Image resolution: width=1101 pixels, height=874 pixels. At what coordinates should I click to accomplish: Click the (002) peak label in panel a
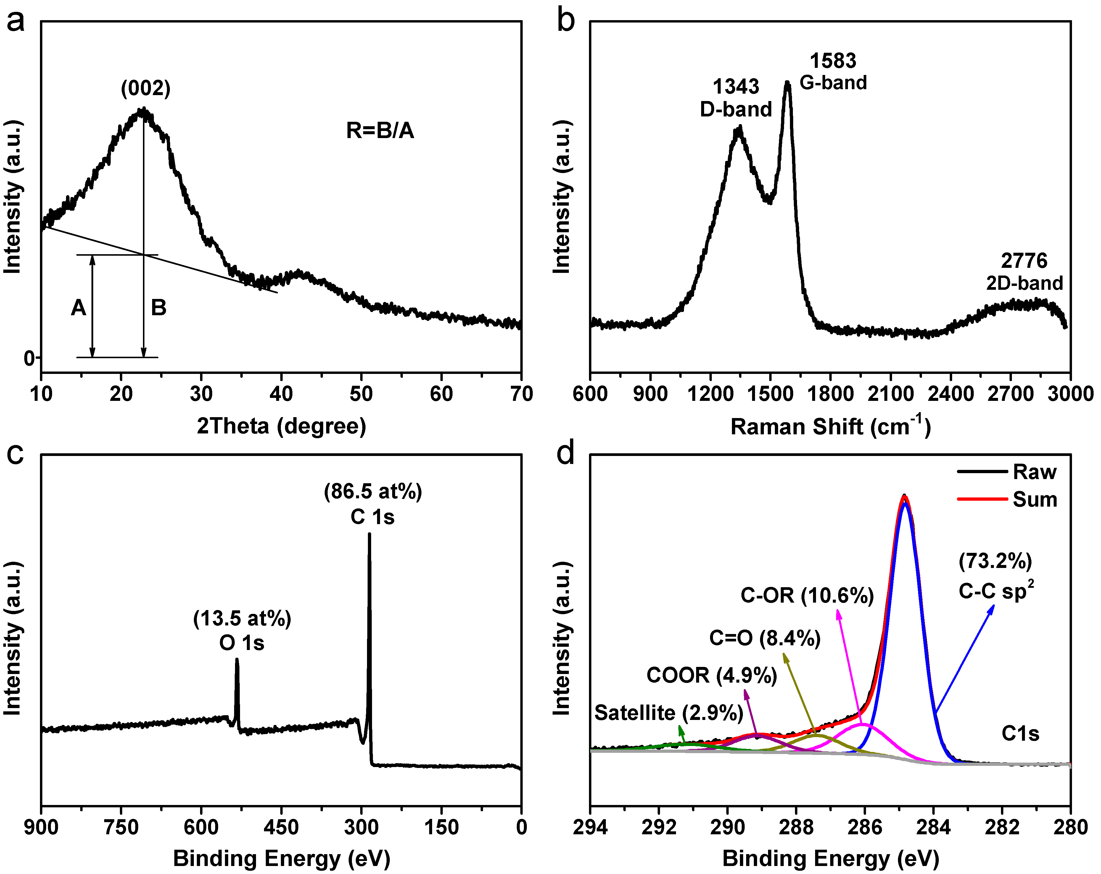[x=146, y=88]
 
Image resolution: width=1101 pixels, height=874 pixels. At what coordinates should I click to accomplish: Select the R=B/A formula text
[x=380, y=131]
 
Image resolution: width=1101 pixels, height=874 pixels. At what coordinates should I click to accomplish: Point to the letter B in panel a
[x=158, y=308]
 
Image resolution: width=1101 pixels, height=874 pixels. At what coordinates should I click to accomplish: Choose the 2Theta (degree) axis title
[x=281, y=426]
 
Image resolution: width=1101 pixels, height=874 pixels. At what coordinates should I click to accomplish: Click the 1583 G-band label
[x=833, y=72]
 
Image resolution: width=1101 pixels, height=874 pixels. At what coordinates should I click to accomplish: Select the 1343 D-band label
[x=736, y=98]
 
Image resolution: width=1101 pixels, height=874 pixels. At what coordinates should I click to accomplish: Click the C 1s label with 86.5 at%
[x=373, y=504]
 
